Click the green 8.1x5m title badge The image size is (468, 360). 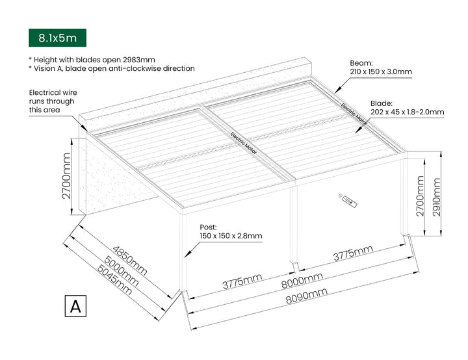(x=57, y=38)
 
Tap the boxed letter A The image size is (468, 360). (x=76, y=306)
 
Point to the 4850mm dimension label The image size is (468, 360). (x=129, y=256)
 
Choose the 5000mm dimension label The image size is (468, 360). (x=122, y=268)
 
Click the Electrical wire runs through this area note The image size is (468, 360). (x=53, y=101)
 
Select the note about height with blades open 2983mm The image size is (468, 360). (x=92, y=59)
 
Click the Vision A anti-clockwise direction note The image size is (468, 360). (x=111, y=68)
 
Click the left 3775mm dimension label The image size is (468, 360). (x=242, y=281)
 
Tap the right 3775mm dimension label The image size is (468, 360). (x=353, y=252)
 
